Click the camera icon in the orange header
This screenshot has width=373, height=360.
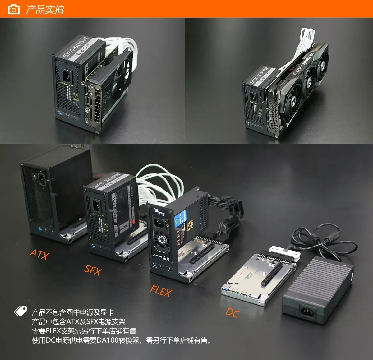coord(13,9)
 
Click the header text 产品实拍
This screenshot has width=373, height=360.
coord(45,10)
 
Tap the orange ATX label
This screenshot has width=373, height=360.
coord(39,254)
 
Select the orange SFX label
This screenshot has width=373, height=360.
coord(93,270)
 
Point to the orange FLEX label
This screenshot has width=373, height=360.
coord(161,291)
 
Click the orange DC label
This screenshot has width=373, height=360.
coord(233,312)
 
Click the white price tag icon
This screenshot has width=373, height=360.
coord(21,311)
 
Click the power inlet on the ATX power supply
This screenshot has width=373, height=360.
coord(43,179)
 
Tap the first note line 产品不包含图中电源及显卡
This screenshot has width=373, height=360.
coord(73,312)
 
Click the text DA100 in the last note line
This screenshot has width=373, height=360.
coord(107,340)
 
